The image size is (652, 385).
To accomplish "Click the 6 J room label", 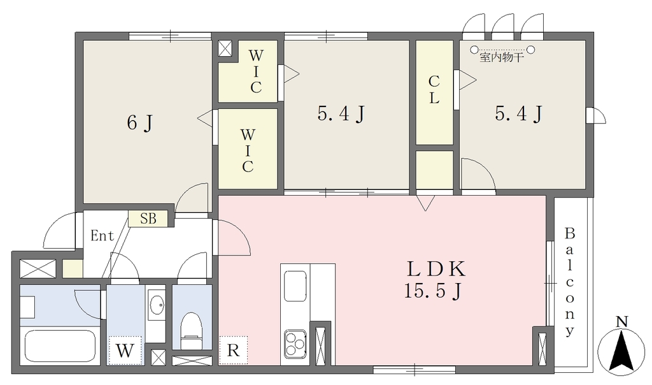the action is tap(139, 122).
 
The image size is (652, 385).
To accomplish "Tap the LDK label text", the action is tap(436, 269).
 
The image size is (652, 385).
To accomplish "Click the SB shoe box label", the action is tap(148, 219).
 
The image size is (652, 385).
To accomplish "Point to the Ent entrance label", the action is tap(103, 236).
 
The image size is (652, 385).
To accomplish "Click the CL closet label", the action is tap(434, 90).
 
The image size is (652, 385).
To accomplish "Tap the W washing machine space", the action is tap(125, 351).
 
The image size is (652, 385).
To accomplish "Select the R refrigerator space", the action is tap(233, 351).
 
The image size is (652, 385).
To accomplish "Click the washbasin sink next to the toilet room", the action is tap(157, 305).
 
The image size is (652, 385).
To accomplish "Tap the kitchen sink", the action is tap(295, 286).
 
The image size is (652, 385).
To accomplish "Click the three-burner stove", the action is tap(295, 344).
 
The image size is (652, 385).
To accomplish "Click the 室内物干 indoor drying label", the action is tap(502, 57).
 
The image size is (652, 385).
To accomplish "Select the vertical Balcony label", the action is tap(569, 282).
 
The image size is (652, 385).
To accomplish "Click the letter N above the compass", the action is tap(621, 322).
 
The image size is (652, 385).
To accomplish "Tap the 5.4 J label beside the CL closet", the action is tap(518, 113).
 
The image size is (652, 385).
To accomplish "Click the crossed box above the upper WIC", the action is tap(225, 48).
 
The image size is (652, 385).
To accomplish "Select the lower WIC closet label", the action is tap(248, 150).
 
